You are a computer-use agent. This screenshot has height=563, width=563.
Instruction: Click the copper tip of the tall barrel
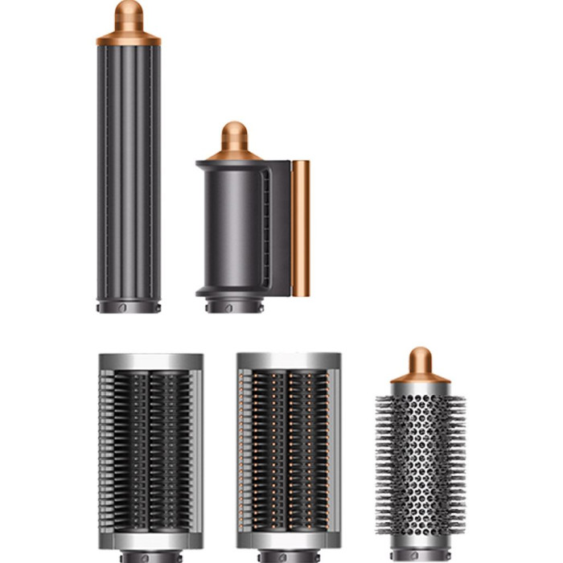[129, 14]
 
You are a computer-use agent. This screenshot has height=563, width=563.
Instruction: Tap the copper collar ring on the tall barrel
[129, 39]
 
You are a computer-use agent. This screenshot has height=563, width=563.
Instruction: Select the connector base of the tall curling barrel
[129, 307]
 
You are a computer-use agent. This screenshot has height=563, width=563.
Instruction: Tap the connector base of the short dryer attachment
[234, 306]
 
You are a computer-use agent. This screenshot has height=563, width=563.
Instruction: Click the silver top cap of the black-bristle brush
[150, 361]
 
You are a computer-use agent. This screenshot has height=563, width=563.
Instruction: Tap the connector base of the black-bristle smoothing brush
[150, 557]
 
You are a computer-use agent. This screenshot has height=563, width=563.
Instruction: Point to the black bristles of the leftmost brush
[150, 450]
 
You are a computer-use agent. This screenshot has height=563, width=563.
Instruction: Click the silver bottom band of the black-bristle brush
[150, 540]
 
